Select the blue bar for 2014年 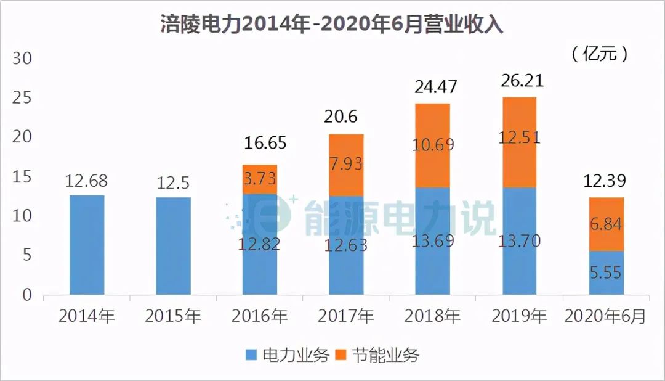(x=87, y=245)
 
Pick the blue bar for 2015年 (x=173, y=246)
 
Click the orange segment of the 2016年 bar (x=260, y=179)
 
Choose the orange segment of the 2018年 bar (x=432, y=145)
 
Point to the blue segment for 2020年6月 (x=606, y=272)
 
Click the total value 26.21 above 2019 (x=518, y=81)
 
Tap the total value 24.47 (x=432, y=86)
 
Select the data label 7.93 (x=346, y=165)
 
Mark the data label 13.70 (x=518, y=240)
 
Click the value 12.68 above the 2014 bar (x=87, y=182)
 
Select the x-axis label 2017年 (x=346, y=317)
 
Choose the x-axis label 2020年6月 (x=606, y=317)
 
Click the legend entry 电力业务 (x=287, y=356)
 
